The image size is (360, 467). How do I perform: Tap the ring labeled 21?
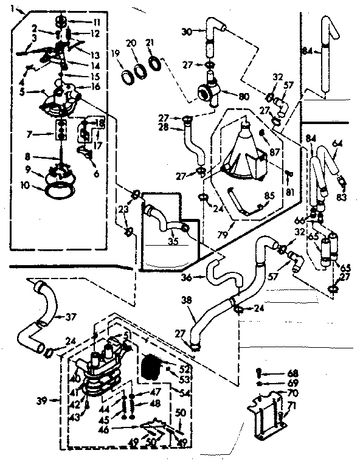coord(156,63)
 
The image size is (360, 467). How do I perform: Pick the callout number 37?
coord(72,316)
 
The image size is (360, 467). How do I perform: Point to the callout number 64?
coord(337,143)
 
